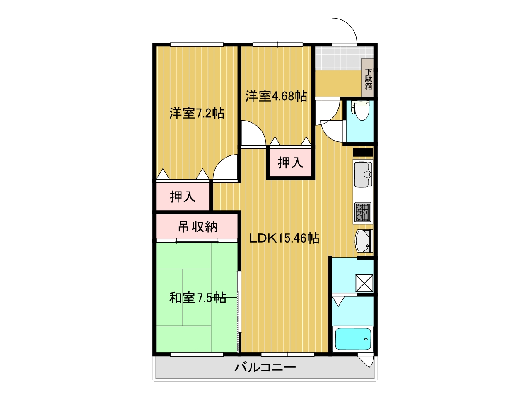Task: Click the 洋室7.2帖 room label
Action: [x=197, y=113]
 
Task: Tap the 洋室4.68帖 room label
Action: [x=276, y=96]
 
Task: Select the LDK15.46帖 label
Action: [x=284, y=238]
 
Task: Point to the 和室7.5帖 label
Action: [x=198, y=298]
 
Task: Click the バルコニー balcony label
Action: [x=265, y=368]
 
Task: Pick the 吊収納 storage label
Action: [x=198, y=227]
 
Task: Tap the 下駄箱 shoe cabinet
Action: [x=368, y=78]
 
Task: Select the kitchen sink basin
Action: [x=363, y=174]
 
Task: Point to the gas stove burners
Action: [x=362, y=212]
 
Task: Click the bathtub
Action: [x=353, y=339]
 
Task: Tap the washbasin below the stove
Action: [x=364, y=241]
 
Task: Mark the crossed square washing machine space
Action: [x=364, y=283]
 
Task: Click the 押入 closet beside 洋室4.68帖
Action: [x=290, y=163]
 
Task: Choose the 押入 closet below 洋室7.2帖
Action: [x=183, y=197]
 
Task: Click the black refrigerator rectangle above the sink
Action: [x=363, y=153]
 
